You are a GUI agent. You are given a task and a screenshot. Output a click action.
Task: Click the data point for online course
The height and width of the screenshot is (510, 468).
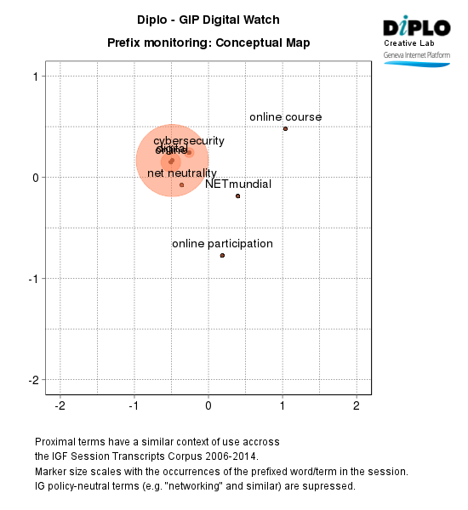[285, 128]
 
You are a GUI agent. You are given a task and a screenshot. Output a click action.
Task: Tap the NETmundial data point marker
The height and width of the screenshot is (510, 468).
[237, 195]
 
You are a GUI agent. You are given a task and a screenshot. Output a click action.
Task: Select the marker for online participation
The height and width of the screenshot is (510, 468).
[222, 255]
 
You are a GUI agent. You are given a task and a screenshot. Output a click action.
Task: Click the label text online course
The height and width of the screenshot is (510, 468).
[286, 116]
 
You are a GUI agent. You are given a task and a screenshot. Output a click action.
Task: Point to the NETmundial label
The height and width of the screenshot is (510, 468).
[238, 184]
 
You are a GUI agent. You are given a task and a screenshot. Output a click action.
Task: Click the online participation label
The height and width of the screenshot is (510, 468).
[222, 244]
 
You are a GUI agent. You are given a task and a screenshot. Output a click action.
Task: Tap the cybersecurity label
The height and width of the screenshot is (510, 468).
[189, 140]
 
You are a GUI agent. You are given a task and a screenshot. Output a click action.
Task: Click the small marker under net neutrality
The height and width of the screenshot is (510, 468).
[181, 184]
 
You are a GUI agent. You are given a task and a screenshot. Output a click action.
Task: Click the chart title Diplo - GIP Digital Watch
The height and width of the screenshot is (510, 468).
[208, 20]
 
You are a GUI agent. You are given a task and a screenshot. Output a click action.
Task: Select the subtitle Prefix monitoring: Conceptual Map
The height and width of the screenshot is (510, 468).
[208, 42]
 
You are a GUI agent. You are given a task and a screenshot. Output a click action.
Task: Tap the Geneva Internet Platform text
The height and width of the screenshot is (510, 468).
[417, 54]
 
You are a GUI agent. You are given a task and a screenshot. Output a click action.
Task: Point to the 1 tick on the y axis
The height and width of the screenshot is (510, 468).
[37, 76]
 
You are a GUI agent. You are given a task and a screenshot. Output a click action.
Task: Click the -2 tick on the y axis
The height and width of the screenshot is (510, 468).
[35, 380]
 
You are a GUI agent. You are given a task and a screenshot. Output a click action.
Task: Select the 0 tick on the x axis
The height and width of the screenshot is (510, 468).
[208, 405]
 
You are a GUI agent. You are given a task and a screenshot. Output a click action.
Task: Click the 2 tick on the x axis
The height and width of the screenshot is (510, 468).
[356, 405]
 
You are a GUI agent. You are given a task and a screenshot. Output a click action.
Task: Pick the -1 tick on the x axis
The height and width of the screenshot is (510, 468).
[133, 405]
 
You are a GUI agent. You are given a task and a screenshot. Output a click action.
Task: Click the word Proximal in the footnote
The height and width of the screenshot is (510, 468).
[56, 443]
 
